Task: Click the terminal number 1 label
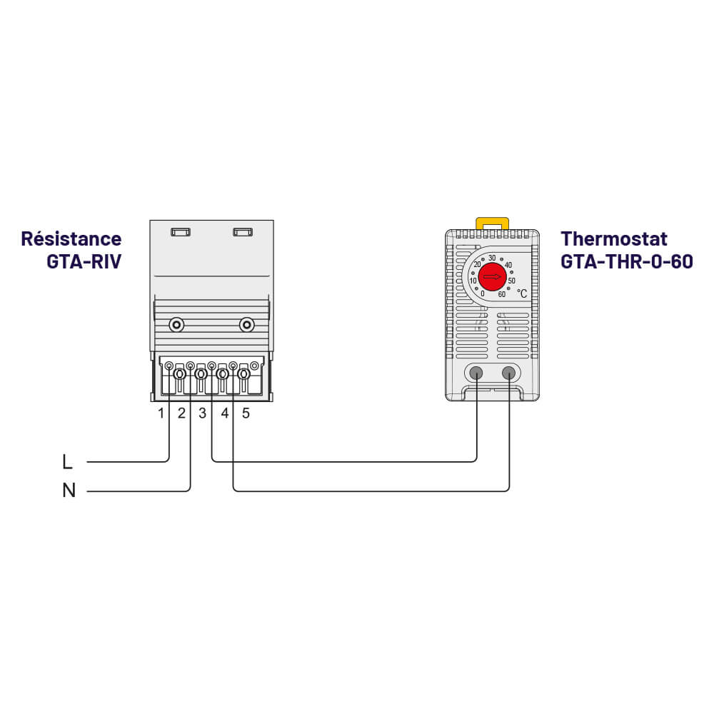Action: coord(161,413)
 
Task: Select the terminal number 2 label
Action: coord(181,413)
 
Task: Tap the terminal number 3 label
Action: coord(203,413)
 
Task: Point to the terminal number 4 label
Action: coord(225,413)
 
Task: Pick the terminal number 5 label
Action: coord(246,413)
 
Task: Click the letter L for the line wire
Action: coord(68,462)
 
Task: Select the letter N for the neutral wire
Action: coord(69,491)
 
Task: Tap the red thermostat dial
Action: coord(492,276)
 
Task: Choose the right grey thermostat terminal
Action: coord(509,372)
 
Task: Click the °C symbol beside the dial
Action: coord(522,293)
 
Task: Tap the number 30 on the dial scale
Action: coord(492,258)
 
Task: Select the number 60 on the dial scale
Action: coord(501,294)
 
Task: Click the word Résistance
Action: coord(71,238)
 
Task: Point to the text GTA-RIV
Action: coord(84,261)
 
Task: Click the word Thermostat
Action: coord(613,238)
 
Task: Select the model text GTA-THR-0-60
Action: coord(626,261)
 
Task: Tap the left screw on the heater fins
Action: coord(176,326)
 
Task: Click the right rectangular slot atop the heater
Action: coord(243,232)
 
